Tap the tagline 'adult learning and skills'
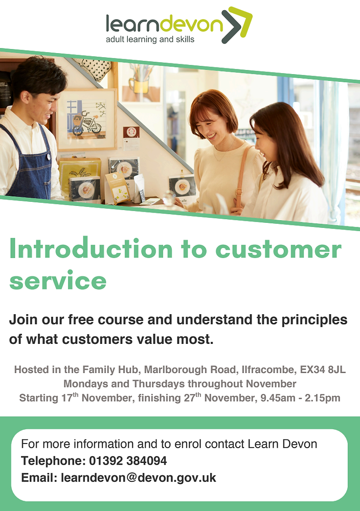click(150, 39)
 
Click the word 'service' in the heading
click(58, 280)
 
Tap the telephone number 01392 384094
click(128, 461)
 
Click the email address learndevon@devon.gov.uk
click(138, 478)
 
